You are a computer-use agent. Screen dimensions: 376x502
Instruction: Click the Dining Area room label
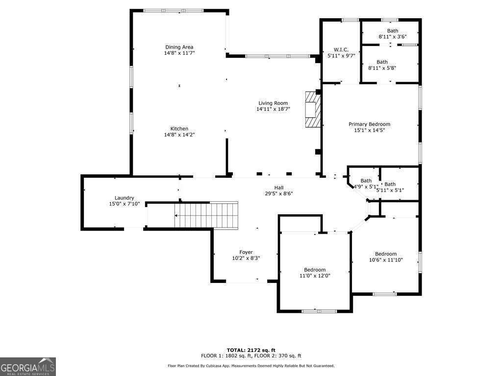(x=179, y=47)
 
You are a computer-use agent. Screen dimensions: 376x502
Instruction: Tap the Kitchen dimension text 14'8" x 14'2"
(x=179, y=135)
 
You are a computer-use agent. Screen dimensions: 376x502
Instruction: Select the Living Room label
(x=273, y=103)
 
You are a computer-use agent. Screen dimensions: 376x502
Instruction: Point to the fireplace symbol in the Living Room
(x=312, y=110)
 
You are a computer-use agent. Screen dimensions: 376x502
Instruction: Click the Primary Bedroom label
(x=369, y=124)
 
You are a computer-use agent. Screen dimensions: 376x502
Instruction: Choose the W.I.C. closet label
(x=341, y=49)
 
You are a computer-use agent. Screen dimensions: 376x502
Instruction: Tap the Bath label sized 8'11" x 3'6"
(x=392, y=31)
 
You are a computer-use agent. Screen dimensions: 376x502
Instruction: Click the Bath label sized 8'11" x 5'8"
(x=382, y=62)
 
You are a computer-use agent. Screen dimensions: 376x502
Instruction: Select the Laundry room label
(x=124, y=198)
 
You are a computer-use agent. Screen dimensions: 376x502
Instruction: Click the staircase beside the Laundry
(x=206, y=215)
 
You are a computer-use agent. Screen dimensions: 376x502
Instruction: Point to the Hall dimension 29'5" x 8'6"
(x=278, y=193)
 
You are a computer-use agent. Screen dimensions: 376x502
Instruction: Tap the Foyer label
(x=246, y=252)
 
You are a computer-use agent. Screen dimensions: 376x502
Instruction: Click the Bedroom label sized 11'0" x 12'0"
(x=314, y=270)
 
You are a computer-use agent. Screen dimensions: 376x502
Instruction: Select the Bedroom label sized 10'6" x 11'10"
(x=385, y=254)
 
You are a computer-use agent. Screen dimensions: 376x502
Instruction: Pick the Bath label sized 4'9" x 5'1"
(x=366, y=181)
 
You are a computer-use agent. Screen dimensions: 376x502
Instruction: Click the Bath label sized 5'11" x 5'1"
(x=390, y=184)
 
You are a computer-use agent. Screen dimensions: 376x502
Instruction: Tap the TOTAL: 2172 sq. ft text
(x=251, y=350)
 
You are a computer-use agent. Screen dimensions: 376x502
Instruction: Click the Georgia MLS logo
(x=28, y=367)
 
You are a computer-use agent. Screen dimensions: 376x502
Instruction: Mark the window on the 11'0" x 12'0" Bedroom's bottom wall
(x=318, y=311)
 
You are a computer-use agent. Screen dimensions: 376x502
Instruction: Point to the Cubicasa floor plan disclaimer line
(x=251, y=366)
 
